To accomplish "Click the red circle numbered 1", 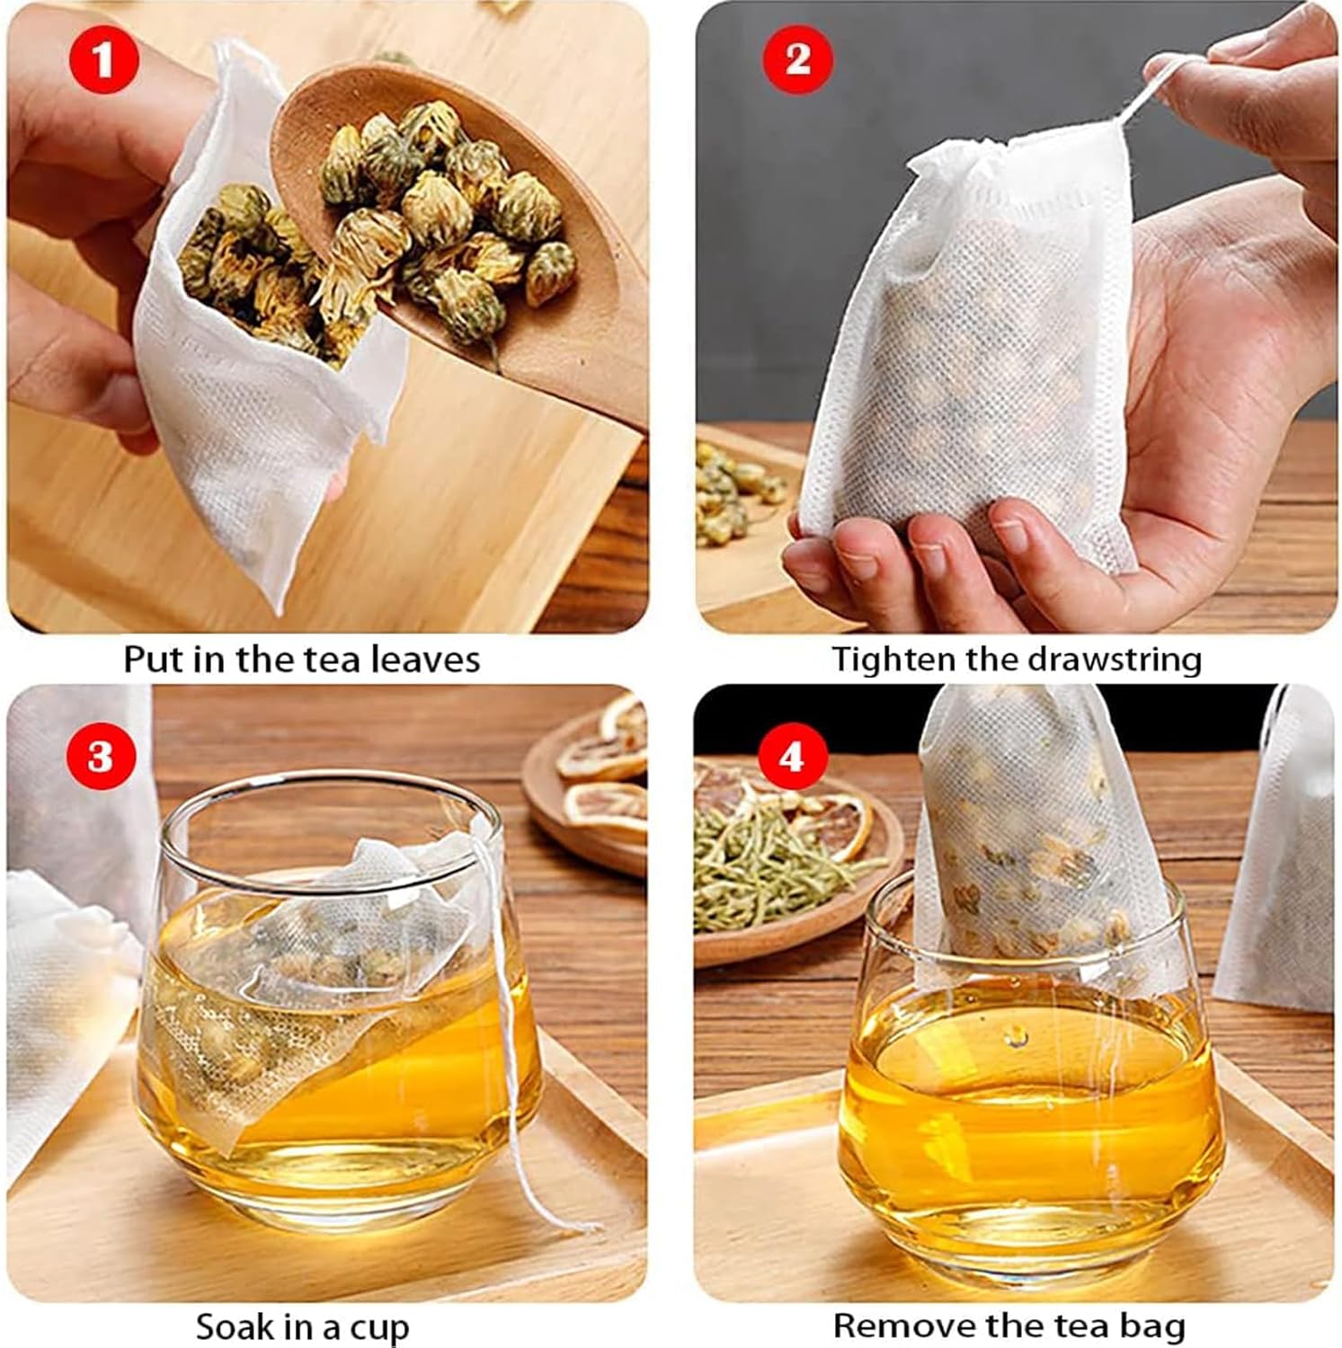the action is (103, 61).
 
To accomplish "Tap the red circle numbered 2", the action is (797, 59).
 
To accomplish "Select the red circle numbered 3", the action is (100, 756).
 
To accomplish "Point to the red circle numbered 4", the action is (790, 757).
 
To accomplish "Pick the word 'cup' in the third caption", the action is (381, 1329).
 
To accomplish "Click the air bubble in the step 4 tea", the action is (1018, 1038).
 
